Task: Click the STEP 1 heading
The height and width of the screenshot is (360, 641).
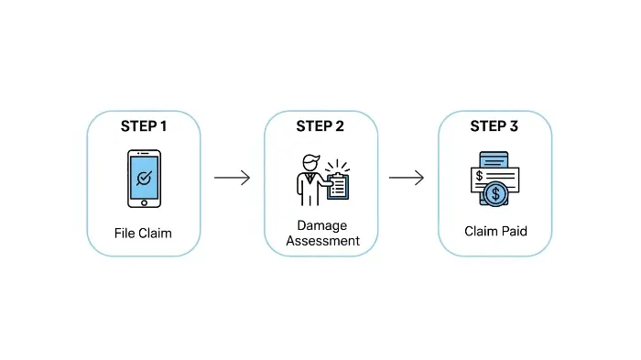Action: tap(143, 126)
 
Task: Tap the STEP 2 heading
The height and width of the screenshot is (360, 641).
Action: tap(320, 126)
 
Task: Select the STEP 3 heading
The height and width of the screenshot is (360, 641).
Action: tap(494, 126)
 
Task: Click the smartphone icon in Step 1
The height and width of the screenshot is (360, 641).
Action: tap(143, 180)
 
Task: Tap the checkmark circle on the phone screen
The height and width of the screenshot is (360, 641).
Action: tap(143, 178)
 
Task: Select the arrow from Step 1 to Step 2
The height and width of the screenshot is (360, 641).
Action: tap(232, 178)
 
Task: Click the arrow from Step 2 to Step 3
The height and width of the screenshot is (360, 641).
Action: tap(407, 178)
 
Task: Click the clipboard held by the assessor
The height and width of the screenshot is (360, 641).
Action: tap(337, 185)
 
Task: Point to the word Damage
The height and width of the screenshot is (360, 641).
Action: tap(320, 224)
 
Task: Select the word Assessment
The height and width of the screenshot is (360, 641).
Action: tap(320, 241)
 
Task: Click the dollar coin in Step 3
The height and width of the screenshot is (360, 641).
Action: tap(495, 193)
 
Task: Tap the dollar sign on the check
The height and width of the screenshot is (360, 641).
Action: tap(479, 176)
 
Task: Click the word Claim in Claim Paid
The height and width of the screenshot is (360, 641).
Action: tap(481, 233)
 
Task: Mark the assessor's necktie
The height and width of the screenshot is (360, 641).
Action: tap(309, 180)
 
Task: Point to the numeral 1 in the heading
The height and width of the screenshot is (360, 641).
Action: tap(163, 126)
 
